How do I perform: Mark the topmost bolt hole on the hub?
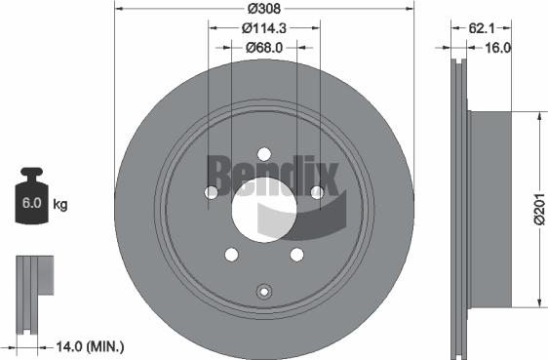pyautogui.click(x=263, y=153)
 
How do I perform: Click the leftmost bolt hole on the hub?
pyautogui.click(x=211, y=193)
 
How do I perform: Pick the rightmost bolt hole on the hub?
pyautogui.click(x=316, y=193)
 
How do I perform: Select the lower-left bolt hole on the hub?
pyautogui.click(x=231, y=255)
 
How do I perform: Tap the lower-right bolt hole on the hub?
pyautogui.click(x=295, y=255)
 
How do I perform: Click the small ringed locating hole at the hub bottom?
pyautogui.click(x=263, y=291)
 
